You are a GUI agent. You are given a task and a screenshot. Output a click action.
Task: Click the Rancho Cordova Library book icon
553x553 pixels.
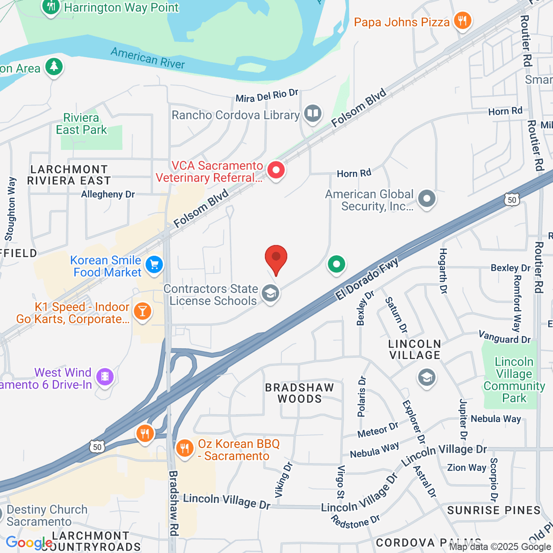click(313, 113)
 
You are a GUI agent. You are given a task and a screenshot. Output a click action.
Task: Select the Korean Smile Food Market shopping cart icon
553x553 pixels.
click(154, 265)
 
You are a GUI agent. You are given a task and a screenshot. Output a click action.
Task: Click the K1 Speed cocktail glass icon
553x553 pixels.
click(142, 311)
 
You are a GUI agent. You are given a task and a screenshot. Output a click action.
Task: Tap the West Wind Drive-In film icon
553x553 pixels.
click(106, 377)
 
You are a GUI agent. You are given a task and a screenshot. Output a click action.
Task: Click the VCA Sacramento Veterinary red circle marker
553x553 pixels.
click(276, 170)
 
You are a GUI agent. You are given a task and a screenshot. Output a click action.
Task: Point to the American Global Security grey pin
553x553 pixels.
click(427, 199)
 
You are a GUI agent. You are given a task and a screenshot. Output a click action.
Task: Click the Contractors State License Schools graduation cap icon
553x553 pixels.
click(271, 293)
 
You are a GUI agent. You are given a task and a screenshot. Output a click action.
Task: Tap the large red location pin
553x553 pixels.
click(276, 258)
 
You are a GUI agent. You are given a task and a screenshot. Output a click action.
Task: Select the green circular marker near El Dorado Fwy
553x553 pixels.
click(336, 265)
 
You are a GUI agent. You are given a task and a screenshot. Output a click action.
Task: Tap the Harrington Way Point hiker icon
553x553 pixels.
click(51, 7)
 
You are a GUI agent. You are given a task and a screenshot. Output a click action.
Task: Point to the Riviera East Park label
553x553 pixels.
click(82, 124)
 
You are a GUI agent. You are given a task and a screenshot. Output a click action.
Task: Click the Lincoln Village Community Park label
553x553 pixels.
click(514, 380)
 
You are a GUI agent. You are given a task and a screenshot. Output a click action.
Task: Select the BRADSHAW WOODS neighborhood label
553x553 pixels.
click(300, 393)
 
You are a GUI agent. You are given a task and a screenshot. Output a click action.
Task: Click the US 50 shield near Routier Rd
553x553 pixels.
click(512, 200)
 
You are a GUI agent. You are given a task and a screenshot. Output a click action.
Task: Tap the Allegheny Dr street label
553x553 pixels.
click(108, 194)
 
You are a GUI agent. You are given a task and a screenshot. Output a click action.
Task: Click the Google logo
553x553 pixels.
click(29, 542)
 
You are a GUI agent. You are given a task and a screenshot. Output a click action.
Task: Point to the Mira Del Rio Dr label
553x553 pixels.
click(267, 96)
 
